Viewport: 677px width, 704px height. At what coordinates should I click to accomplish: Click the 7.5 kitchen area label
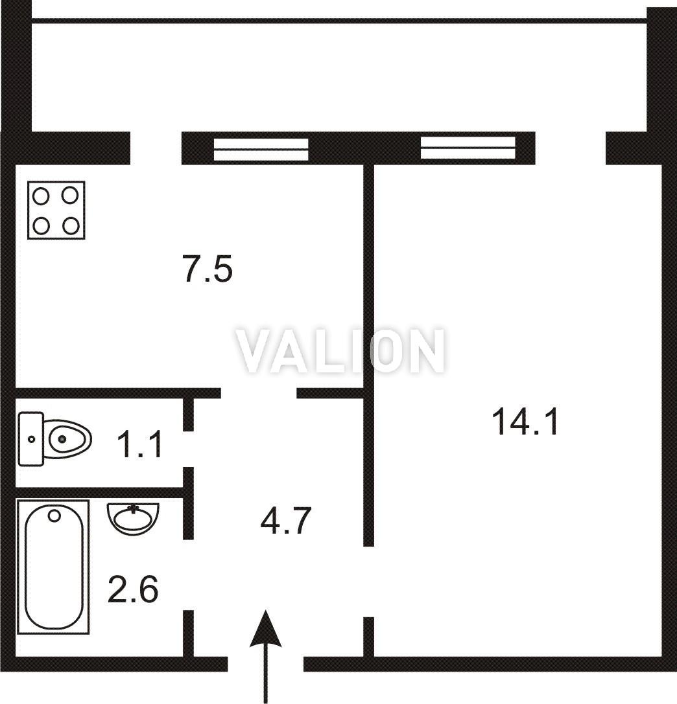click(x=208, y=269)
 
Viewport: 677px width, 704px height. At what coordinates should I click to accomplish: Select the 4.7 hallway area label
click(x=285, y=520)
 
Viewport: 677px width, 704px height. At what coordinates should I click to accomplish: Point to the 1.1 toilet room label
click(x=139, y=444)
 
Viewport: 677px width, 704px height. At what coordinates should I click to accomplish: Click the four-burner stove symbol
click(x=56, y=210)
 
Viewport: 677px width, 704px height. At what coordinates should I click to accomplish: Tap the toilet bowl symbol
click(x=55, y=438)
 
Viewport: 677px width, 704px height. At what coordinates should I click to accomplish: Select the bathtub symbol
click(x=53, y=567)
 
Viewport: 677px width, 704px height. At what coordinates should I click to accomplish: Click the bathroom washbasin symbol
click(x=133, y=519)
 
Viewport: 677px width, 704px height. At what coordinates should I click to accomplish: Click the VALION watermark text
click(x=341, y=350)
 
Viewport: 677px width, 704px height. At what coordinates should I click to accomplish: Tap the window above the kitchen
click(x=261, y=149)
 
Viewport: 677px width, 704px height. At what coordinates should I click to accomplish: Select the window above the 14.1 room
click(x=468, y=148)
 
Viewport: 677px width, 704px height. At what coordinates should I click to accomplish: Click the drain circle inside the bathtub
click(x=54, y=516)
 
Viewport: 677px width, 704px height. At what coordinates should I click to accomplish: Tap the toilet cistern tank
click(x=30, y=438)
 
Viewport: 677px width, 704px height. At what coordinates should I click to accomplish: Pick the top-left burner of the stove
click(x=42, y=196)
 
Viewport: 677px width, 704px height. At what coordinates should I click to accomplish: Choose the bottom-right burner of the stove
click(x=71, y=225)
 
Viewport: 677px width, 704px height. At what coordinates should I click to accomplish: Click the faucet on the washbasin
click(x=133, y=508)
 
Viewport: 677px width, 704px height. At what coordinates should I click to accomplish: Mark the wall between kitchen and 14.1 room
click(x=368, y=355)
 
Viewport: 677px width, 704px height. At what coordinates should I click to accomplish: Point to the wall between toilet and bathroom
click(x=99, y=492)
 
